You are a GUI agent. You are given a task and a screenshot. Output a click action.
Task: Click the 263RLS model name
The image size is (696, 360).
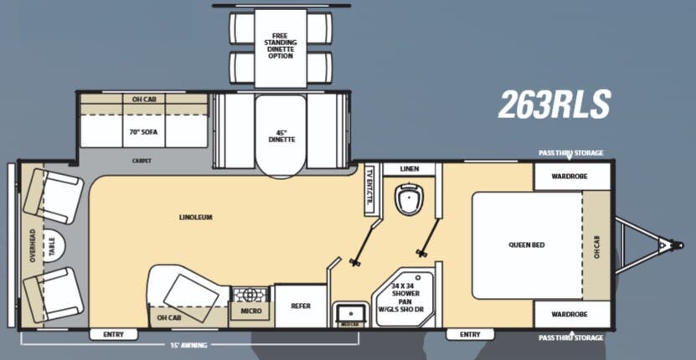coord(554,105)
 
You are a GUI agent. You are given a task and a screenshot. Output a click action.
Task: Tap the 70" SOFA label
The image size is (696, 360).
coord(143,131)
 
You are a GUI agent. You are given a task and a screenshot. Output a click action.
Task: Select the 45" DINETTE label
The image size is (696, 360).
coord(281,136)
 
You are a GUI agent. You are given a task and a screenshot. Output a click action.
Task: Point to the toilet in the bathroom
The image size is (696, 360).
coord(408,199)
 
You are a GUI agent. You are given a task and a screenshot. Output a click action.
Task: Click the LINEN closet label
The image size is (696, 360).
coord(409,169)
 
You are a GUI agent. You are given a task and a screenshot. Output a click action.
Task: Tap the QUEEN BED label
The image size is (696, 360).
coord(526,244)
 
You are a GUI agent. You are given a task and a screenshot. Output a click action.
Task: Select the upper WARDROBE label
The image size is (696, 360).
coord(570,177)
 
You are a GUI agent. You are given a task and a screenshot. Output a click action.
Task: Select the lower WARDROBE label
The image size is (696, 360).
coord(570,314)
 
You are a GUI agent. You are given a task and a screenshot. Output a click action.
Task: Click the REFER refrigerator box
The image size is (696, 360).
coord(301,306)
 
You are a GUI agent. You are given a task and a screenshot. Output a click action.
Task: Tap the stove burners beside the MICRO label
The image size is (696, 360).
coord(250,295)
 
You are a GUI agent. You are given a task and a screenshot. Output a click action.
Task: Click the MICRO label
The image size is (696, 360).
coord(250,311)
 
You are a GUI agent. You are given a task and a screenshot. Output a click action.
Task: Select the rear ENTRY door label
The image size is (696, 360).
coord(113,334)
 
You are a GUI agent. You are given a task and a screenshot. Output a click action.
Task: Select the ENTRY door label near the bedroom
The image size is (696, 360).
coord(470,334)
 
